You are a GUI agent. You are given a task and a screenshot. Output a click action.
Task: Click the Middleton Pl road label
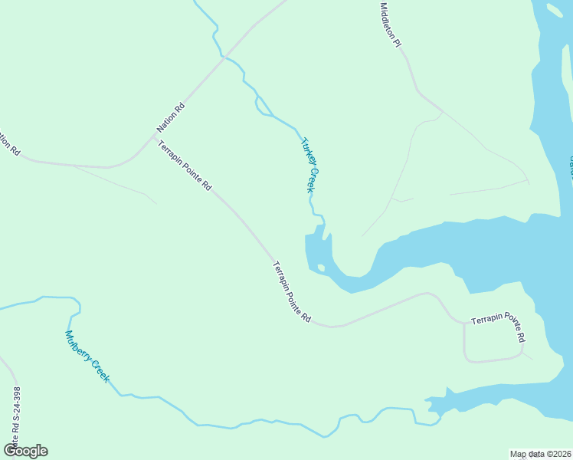pos(391,25)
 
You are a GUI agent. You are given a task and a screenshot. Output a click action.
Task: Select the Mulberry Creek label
pos(87,356)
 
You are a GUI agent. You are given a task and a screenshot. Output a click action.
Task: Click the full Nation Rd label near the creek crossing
pos(171,117)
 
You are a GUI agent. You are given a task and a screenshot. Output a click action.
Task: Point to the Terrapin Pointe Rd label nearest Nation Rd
pos(185,166)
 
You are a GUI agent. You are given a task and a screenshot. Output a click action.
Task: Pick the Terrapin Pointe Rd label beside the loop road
pos(499,326)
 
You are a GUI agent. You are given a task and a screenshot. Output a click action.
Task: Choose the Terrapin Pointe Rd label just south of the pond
pos(292,291)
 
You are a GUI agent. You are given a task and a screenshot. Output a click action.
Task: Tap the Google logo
pos(25,450)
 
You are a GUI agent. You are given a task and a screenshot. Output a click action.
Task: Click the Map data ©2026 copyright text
pos(540,454)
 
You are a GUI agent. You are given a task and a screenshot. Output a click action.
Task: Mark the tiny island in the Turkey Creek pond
pos(321,268)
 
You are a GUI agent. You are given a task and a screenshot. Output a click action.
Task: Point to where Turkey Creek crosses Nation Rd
pos(223,57)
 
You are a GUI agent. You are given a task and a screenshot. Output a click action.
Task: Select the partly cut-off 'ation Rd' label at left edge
pos(8,143)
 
